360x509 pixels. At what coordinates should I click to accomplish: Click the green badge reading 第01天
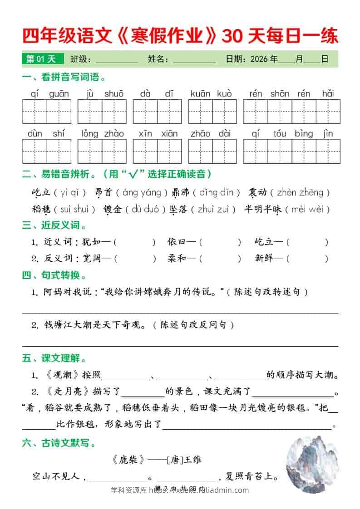(x=41, y=59)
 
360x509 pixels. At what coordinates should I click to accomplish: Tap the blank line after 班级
(x=117, y=60)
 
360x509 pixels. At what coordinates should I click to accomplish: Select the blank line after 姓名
(x=194, y=60)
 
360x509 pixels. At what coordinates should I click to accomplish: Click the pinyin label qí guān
(x=47, y=94)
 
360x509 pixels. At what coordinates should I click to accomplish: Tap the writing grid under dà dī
(x=157, y=112)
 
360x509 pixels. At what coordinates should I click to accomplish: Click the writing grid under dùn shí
(x=47, y=151)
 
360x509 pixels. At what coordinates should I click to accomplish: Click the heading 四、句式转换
(x=54, y=275)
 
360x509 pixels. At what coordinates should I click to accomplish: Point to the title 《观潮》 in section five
(x=62, y=375)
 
